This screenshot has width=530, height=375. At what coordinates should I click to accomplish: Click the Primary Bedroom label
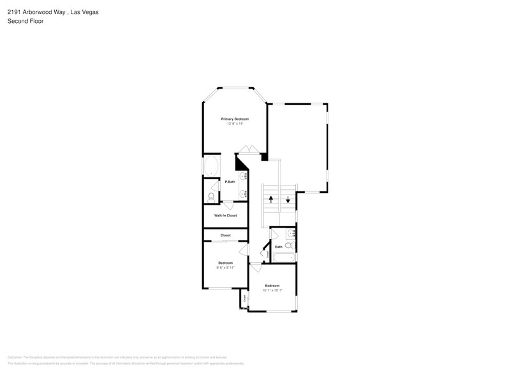pos(235,119)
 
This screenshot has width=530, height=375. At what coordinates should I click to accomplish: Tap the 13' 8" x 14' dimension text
pos(235,124)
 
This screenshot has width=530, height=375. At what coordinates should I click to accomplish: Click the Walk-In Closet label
pos(225,216)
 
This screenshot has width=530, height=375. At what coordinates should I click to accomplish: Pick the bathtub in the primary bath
pos(211,168)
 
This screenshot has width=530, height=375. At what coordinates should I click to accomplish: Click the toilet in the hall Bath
pos(289,245)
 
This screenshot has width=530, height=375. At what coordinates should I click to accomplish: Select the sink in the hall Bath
pos(290,233)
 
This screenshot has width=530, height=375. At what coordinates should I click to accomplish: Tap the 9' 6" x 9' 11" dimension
pos(225,268)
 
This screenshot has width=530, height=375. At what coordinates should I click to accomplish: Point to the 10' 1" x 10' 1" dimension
pos(272,290)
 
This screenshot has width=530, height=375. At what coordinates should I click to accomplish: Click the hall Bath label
pos(278,247)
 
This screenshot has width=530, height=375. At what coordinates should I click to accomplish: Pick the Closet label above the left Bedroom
pos(225,235)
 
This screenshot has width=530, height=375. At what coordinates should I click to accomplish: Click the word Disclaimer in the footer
pos(15,358)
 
